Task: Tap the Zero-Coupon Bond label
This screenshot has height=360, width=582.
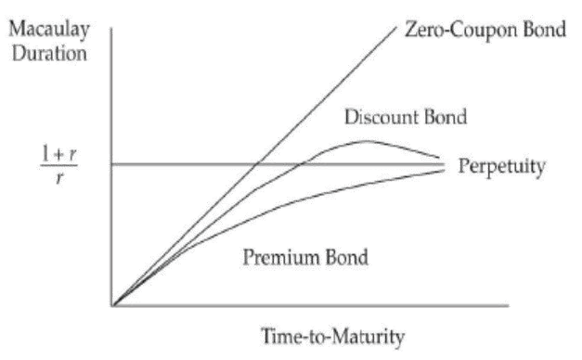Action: coord(485,31)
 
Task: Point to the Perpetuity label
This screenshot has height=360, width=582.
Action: coord(500,167)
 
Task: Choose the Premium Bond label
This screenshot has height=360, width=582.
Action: coord(294,257)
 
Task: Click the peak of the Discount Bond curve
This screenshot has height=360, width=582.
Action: coord(367,141)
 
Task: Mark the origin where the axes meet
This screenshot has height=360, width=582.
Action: coord(112,304)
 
